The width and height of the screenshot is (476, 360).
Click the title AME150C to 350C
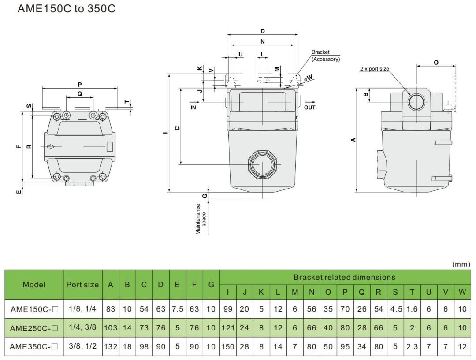click(66, 9)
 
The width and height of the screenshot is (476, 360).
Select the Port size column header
click(82, 285)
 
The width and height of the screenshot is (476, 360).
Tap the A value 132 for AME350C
click(111, 346)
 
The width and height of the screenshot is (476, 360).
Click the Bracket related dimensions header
click(345, 277)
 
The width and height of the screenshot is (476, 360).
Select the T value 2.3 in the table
click(412, 346)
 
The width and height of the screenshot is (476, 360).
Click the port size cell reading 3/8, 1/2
click(82, 346)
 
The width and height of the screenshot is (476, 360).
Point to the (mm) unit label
click(461, 264)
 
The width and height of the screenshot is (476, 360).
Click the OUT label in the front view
click(309, 107)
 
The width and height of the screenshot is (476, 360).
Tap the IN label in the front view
click(193, 107)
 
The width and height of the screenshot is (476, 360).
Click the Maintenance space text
click(201, 218)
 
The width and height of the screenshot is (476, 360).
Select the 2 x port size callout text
click(375, 68)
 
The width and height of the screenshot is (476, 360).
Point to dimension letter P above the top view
click(79, 84)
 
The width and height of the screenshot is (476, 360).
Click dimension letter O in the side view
click(436, 62)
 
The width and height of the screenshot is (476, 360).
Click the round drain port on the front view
click(262, 163)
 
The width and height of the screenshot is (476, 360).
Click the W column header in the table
click(462, 292)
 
